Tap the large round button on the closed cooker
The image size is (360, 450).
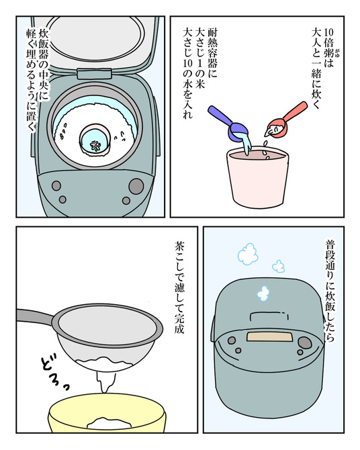[x=304, y=343]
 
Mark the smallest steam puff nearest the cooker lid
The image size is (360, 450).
[x=263, y=293]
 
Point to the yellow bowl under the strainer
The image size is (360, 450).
[x=107, y=420]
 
